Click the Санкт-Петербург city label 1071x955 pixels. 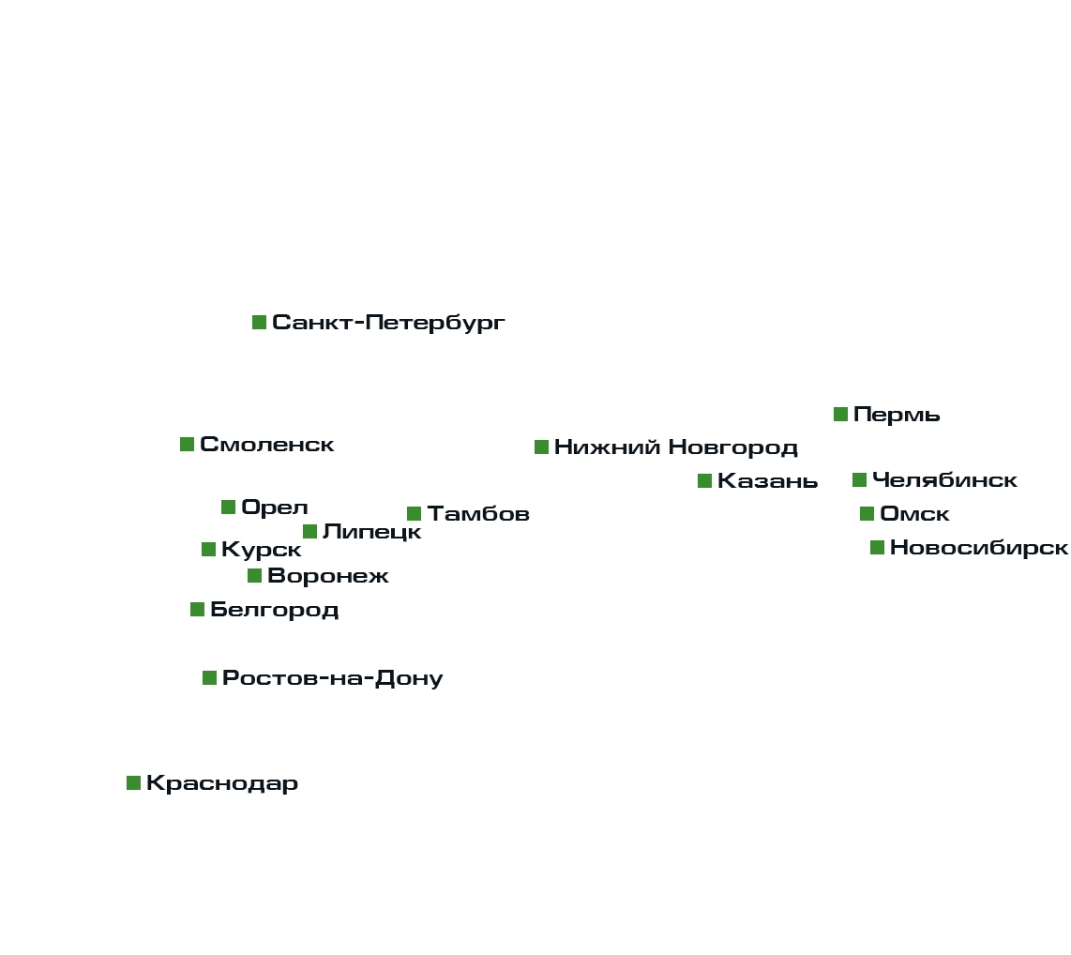388,323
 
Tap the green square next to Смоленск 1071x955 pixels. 188,445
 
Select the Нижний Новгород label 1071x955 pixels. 675,447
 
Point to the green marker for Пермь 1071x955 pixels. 840,415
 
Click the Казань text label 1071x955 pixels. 767,482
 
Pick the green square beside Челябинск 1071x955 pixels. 859,480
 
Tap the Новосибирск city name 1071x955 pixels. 978,548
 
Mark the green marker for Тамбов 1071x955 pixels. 414,513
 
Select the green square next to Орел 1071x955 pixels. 228,508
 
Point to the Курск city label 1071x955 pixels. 261,550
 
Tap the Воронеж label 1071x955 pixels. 327,576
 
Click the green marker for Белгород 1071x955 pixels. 197,610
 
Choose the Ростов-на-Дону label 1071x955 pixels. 332,678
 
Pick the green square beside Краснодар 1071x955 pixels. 133,783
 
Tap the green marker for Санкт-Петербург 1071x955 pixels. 259,323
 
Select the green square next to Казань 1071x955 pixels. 704,481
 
